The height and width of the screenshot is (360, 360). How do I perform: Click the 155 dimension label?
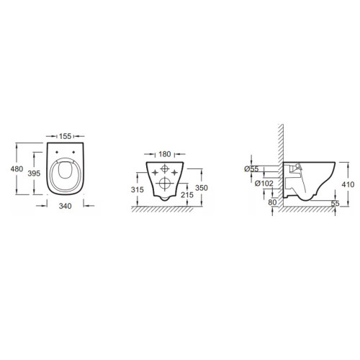66,136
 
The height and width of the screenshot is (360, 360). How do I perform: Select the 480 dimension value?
17,169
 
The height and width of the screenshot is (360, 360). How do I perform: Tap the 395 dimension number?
34,174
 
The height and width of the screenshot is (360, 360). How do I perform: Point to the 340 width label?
66,206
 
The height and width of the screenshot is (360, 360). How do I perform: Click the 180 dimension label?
165,154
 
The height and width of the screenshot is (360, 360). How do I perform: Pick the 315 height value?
138,189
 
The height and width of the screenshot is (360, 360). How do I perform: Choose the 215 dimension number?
187,195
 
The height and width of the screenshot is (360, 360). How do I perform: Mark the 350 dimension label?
202,188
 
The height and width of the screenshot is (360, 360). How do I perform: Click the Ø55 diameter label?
251,169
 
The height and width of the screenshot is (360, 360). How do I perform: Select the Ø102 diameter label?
264,184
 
